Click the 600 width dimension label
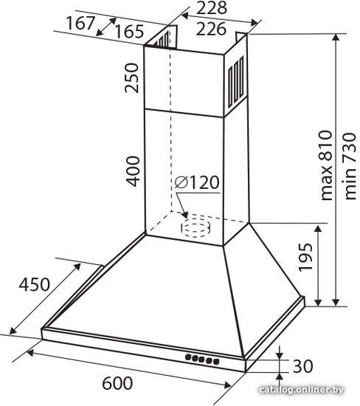pyautogui.click(x=117, y=383)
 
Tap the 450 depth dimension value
pyautogui.click(x=34, y=284)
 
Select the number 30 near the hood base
pyautogui.click(x=302, y=366)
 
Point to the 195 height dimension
pyautogui.click(x=305, y=257)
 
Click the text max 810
pyautogui.click(x=326, y=165)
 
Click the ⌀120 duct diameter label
pyautogui.click(x=197, y=182)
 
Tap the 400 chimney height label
pyautogui.click(x=133, y=171)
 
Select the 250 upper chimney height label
pyautogui.click(x=132, y=78)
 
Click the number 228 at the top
pyautogui.click(x=212, y=8)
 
